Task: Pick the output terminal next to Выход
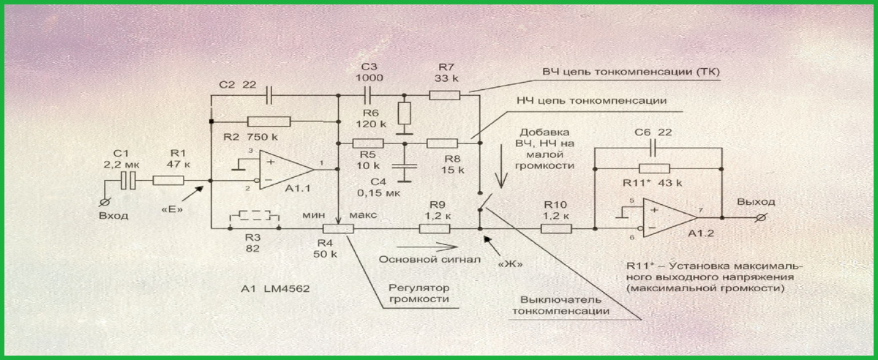coord(762,217)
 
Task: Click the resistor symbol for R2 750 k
coord(269,121)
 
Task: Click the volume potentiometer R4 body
coord(338,228)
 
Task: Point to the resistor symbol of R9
coord(435,228)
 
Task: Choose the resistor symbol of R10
coord(555,228)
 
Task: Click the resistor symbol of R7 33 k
coord(443,94)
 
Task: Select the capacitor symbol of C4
coord(401,167)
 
